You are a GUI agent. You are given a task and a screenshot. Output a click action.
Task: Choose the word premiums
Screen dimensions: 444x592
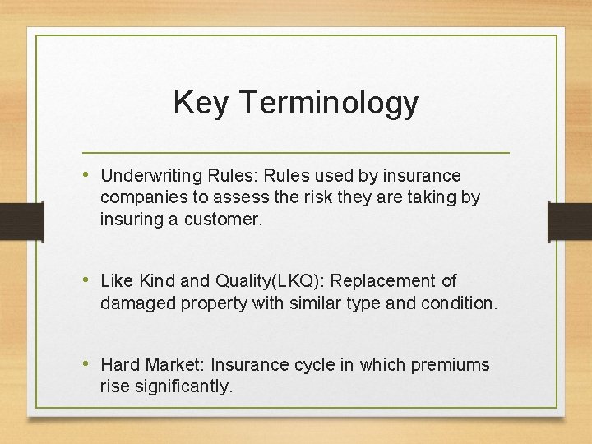[x=450, y=365]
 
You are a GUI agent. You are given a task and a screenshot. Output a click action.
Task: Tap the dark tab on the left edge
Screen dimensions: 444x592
[x=21, y=222]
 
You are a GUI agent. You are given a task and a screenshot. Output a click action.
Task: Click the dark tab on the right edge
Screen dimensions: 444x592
[x=570, y=222]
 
